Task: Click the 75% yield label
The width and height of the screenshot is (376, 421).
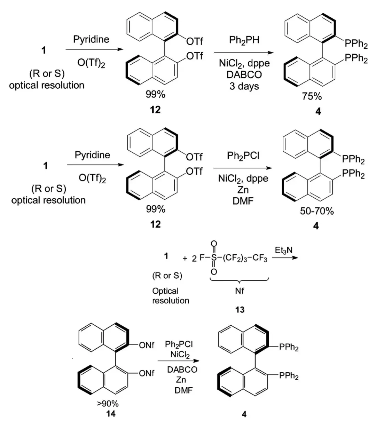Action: pyautogui.click(x=312, y=96)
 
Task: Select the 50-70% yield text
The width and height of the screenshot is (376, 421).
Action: pyautogui.click(x=316, y=211)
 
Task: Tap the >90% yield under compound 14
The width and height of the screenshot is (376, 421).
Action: pyautogui.click(x=108, y=404)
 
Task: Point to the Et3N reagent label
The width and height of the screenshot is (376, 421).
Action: pyautogui.click(x=283, y=250)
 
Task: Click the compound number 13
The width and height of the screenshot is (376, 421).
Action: pyautogui.click(x=240, y=309)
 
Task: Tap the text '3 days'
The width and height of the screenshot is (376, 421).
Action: pyautogui.click(x=244, y=86)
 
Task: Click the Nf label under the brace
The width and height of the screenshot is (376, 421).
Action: pyautogui.click(x=240, y=291)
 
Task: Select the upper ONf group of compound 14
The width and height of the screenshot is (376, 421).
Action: pyautogui.click(x=147, y=346)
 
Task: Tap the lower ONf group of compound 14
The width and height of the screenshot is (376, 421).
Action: pyautogui.click(x=147, y=373)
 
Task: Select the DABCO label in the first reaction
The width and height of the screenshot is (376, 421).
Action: pyautogui.click(x=244, y=75)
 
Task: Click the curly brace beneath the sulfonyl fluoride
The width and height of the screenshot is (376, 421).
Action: pyautogui.click(x=239, y=279)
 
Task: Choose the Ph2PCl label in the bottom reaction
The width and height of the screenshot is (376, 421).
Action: pyautogui.click(x=179, y=344)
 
